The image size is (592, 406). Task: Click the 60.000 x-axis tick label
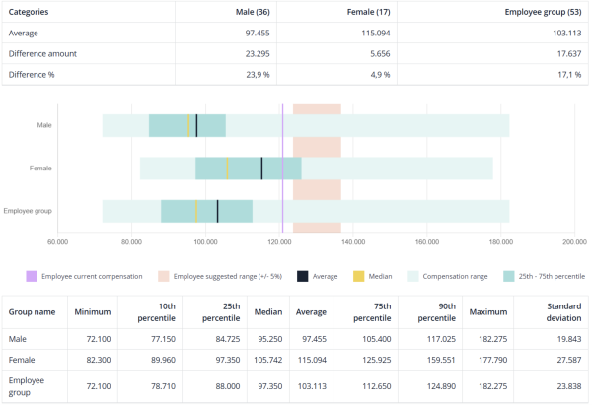click(x=58, y=239)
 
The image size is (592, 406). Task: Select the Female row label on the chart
click(x=40, y=168)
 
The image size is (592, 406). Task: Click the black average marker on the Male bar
click(x=196, y=125)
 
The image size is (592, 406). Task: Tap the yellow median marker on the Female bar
click(x=227, y=168)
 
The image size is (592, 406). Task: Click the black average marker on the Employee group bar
click(x=217, y=210)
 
